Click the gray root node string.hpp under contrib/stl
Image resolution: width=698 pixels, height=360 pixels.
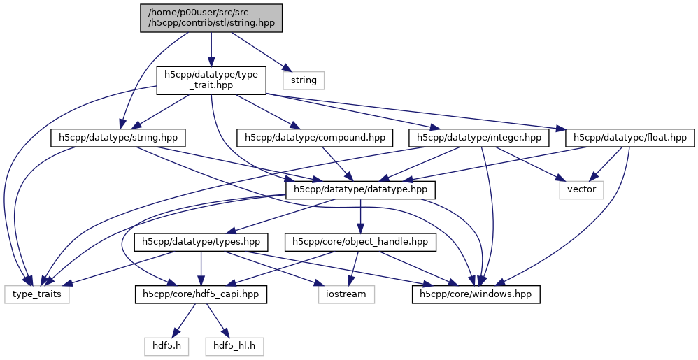[211, 17]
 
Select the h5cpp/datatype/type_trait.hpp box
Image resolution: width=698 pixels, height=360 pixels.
[211, 79]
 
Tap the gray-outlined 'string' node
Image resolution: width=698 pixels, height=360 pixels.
[304, 80]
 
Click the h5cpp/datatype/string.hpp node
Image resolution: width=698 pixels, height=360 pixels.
[117, 138]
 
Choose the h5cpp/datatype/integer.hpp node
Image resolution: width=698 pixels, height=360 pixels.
[479, 138]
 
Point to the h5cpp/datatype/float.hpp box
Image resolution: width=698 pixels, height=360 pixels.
[630, 138]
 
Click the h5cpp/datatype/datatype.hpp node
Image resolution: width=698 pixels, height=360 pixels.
[361, 189]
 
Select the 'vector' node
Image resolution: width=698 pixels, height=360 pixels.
[581, 189]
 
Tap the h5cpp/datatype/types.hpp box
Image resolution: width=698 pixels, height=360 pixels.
[201, 242]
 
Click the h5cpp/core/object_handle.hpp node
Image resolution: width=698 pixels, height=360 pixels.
[360, 242]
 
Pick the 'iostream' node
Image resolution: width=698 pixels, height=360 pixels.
[346, 294]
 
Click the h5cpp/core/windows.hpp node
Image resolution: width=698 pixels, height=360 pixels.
[476, 294]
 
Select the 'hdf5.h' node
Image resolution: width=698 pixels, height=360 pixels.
[167, 345]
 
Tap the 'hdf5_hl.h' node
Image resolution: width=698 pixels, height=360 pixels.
[235, 345]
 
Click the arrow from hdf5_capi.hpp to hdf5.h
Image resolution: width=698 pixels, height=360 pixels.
[183, 321]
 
